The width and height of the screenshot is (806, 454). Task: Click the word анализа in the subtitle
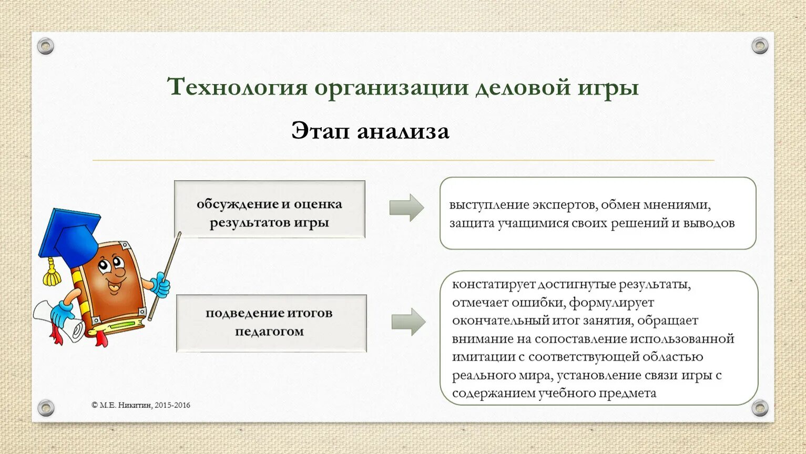(403, 131)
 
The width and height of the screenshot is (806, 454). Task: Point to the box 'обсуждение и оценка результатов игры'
(269, 209)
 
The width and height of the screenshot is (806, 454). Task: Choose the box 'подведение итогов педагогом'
(271, 323)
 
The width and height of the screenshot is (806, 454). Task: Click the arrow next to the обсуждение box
(406, 208)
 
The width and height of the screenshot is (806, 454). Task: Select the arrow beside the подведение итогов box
(409, 322)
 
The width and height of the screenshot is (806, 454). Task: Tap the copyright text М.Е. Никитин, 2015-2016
(141, 405)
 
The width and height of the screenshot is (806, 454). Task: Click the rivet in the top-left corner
(46, 46)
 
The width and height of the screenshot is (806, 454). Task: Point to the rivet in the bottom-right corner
(759, 407)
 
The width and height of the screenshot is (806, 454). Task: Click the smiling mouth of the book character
(114, 286)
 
